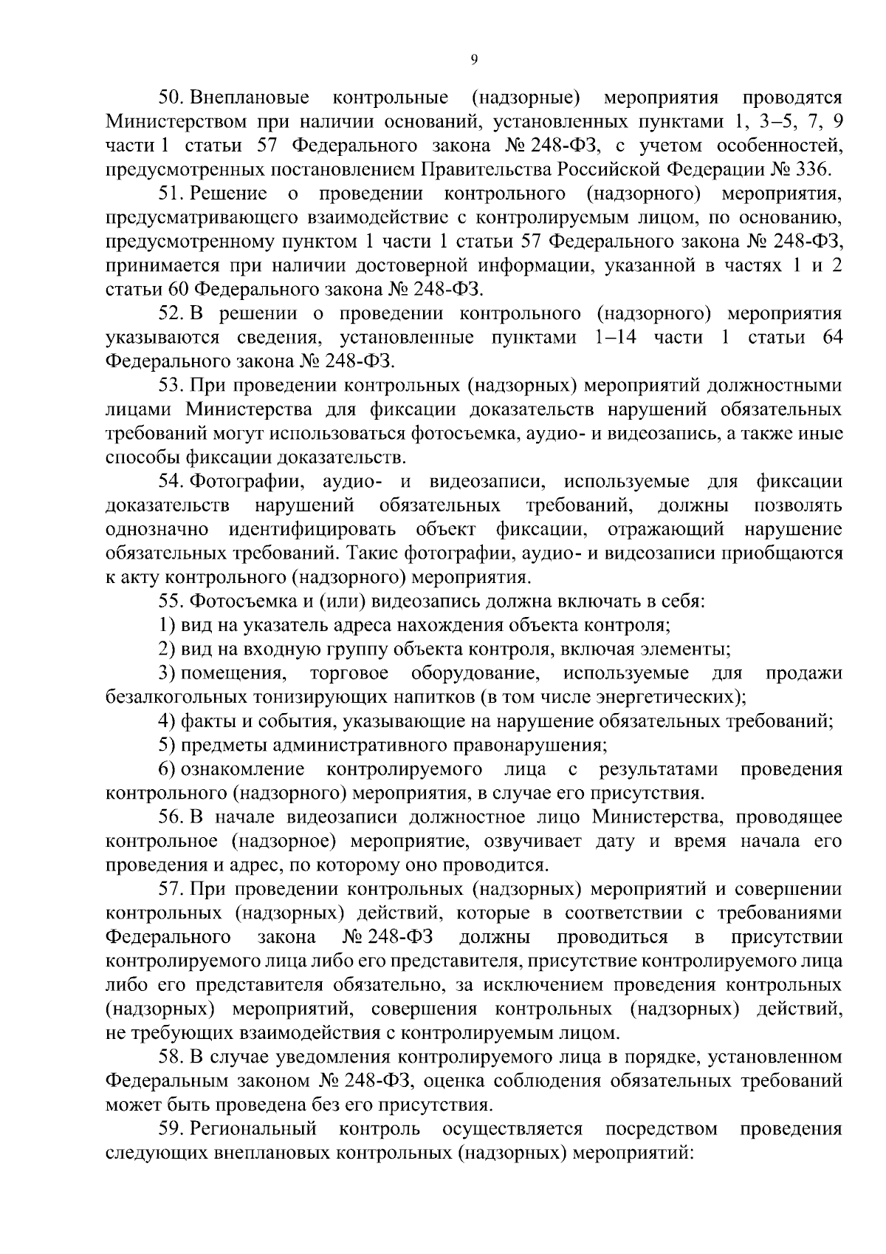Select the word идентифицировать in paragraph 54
pos(312,530)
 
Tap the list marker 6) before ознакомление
pos(168,769)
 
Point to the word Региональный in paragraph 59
pos(255,1129)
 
